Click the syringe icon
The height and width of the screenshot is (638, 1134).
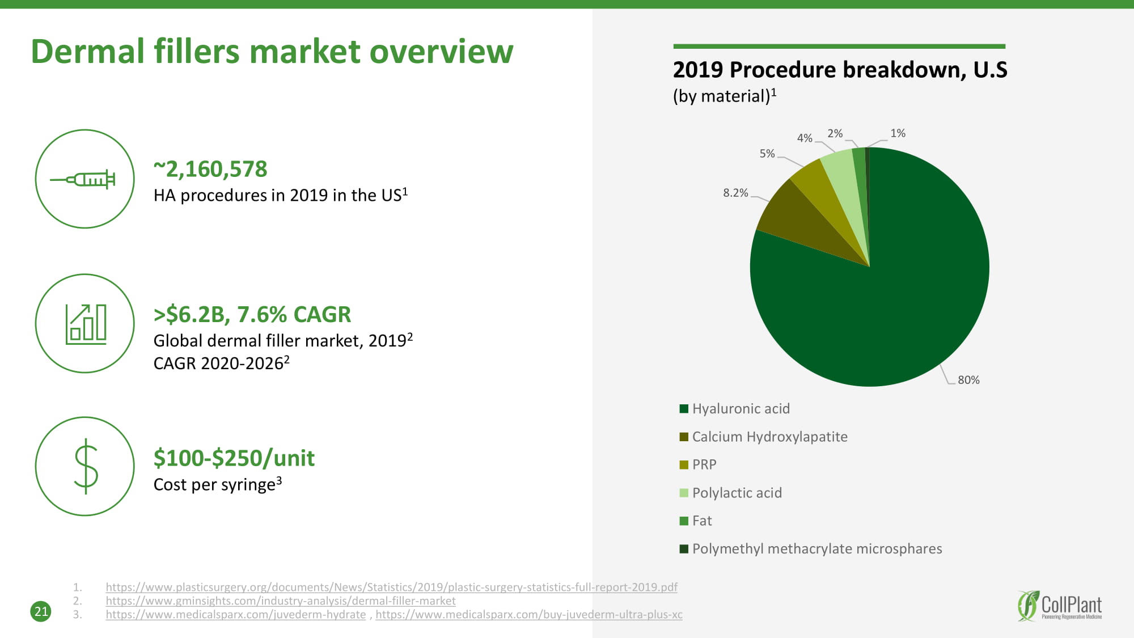pyautogui.click(x=84, y=179)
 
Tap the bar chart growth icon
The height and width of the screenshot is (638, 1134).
pyautogui.click(x=85, y=324)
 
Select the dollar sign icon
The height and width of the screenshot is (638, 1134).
pyautogui.click(x=86, y=466)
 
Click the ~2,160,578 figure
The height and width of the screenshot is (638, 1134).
pyautogui.click(x=210, y=169)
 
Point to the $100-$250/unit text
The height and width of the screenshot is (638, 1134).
pyautogui.click(x=234, y=458)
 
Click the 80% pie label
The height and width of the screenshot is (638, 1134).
pyautogui.click(x=968, y=380)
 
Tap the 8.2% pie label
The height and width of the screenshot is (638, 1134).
pyautogui.click(x=735, y=193)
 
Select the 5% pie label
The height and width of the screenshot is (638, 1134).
pyautogui.click(x=767, y=154)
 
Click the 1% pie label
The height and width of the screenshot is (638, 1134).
pyautogui.click(x=898, y=133)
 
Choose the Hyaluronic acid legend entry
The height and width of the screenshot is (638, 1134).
pyautogui.click(x=741, y=409)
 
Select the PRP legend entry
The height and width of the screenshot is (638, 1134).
pyautogui.click(x=704, y=464)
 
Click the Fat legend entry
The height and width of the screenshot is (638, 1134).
pyautogui.click(x=701, y=521)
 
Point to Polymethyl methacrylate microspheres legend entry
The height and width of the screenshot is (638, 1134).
pyautogui.click(x=816, y=549)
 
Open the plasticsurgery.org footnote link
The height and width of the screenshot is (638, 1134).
pyautogui.click(x=391, y=588)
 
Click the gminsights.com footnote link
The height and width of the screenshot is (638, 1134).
pyautogui.click(x=281, y=601)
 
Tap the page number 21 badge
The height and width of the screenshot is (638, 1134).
pyautogui.click(x=41, y=611)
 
